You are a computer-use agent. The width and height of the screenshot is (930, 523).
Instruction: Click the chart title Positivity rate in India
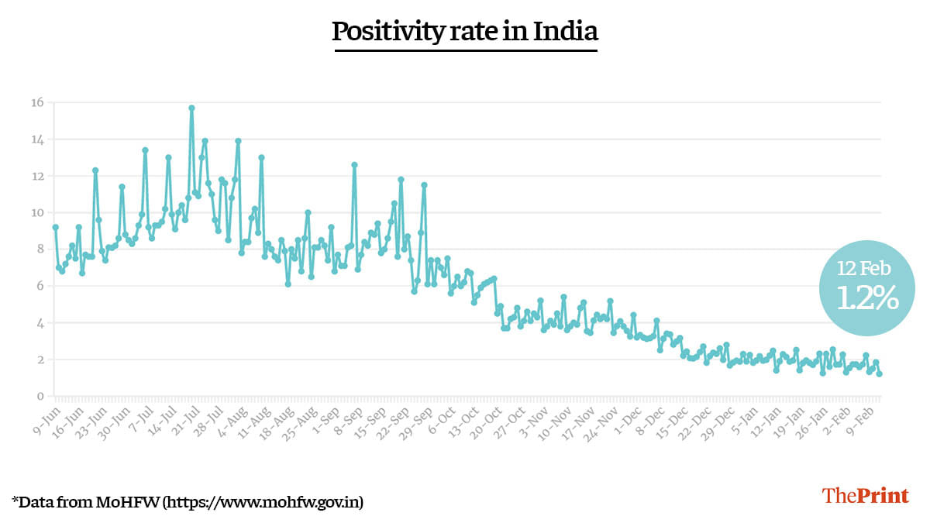tap(465, 32)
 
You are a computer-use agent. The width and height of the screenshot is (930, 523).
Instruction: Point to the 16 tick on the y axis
tap(37, 102)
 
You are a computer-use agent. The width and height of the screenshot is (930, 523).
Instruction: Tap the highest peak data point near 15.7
tap(191, 108)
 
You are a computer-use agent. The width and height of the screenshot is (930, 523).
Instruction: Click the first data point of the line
tap(55, 227)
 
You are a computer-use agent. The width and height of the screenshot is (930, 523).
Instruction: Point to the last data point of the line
tap(880, 374)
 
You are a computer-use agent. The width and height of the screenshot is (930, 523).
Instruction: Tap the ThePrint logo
tap(865, 496)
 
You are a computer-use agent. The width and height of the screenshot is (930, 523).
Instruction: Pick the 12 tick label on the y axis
tap(37, 176)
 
